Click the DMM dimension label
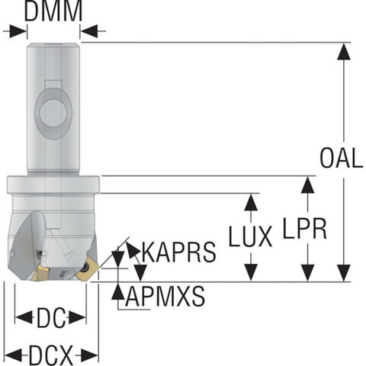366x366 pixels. tap(53, 11)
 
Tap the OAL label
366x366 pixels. tap(342, 158)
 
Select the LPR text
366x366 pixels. tap(305, 229)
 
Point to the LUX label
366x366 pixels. tap(251, 236)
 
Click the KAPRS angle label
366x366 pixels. tap(178, 252)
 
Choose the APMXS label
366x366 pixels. tap(165, 297)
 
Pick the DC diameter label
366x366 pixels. tap(51, 318)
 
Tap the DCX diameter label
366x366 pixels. tap(51, 355)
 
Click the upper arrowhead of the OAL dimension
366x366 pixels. tap(344, 52)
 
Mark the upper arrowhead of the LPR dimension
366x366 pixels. tap(308, 185)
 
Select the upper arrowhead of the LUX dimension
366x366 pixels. tap(251, 202)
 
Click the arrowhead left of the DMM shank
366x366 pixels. tap(18, 31)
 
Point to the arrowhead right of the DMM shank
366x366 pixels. tap(89, 31)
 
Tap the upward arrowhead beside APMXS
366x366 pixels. tap(118, 292)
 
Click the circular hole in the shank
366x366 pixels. tap(53, 114)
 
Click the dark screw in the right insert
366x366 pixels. tap(86, 267)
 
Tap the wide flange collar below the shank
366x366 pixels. tap(53, 185)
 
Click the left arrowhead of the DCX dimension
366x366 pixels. tap(14, 355)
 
